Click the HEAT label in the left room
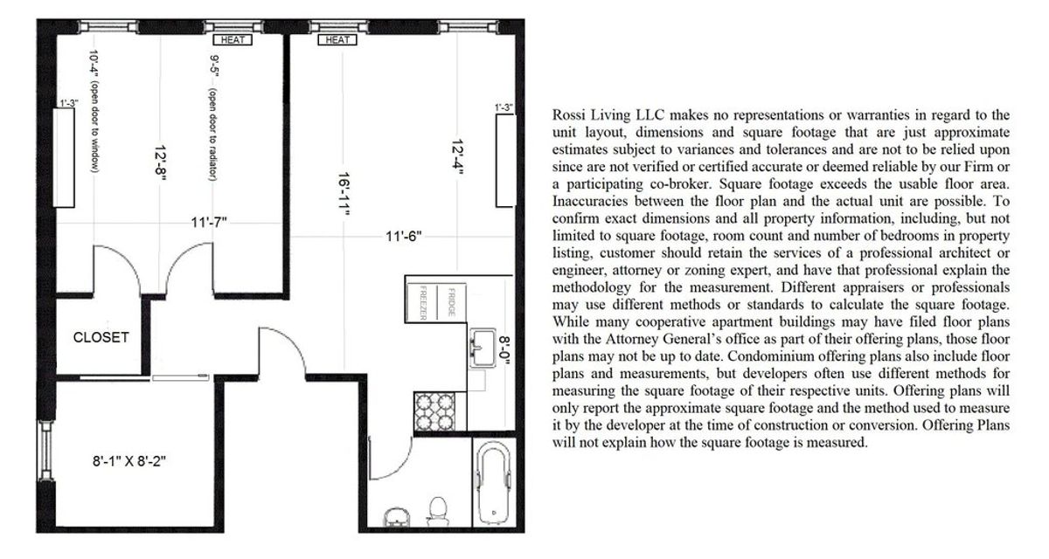[233, 39]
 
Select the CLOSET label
[101, 337]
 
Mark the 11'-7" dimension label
[209, 222]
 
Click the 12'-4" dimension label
[457, 157]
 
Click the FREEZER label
[422, 302]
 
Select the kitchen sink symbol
[480, 350]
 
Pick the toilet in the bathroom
[438, 508]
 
